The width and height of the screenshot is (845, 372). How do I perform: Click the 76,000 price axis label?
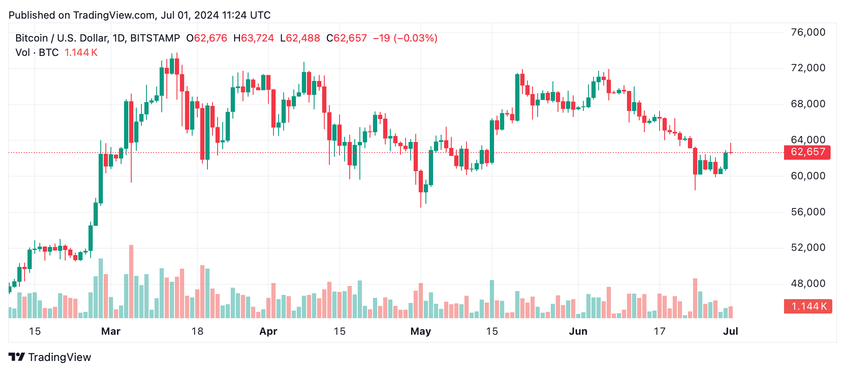pyautogui.click(x=808, y=32)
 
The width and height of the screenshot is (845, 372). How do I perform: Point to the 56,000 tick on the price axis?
pyautogui.click(x=808, y=212)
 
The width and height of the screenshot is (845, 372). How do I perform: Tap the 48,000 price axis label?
pyautogui.click(x=808, y=283)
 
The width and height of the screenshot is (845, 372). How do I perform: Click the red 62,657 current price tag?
pyautogui.click(x=807, y=152)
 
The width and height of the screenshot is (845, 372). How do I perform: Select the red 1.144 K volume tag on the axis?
pyautogui.click(x=808, y=306)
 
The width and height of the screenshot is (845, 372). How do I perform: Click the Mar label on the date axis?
pyautogui.click(x=110, y=331)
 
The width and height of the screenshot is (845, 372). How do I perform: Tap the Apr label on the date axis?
pyautogui.click(x=268, y=331)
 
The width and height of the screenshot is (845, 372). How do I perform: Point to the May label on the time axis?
pyautogui.click(x=420, y=331)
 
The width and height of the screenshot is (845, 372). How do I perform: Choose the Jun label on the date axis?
pyautogui.click(x=578, y=331)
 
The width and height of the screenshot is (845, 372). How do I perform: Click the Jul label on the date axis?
pyautogui.click(x=730, y=331)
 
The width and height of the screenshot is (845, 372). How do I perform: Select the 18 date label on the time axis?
pyautogui.click(x=197, y=331)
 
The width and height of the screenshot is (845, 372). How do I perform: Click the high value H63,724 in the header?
pyautogui.click(x=254, y=38)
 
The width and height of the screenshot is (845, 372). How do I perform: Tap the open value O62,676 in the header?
pyautogui.click(x=207, y=38)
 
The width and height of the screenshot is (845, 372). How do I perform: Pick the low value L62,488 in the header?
pyautogui.click(x=300, y=38)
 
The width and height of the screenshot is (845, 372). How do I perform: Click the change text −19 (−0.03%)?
pyautogui.click(x=405, y=38)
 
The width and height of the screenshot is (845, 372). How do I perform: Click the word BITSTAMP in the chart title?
pyautogui.click(x=155, y=38)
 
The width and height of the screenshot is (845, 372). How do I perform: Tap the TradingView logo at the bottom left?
pyautogui.click(x=50, y=357)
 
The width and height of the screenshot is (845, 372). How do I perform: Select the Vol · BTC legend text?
pyautogui.click(x=37, y=53)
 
